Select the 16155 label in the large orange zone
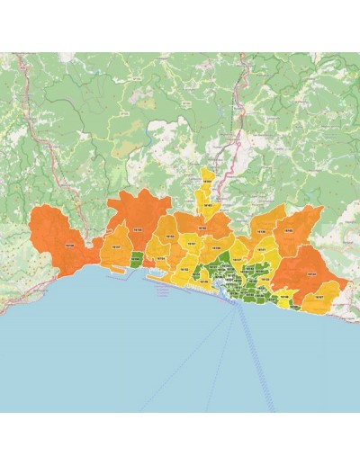(x=138, y=231)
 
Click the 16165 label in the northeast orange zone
(x=288, y=231)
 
